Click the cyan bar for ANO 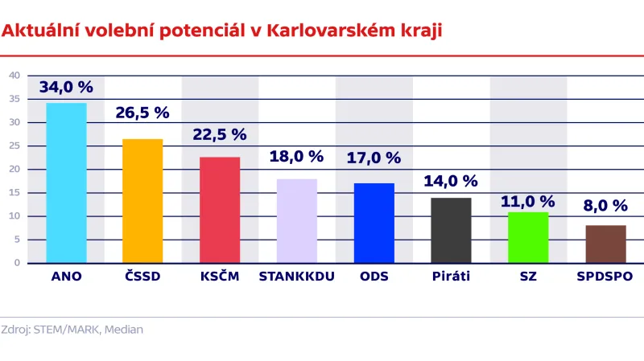tap(66, 183)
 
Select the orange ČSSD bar tap(142, 200)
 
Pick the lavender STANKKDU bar tap(297, 220)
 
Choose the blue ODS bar tap(374, 223)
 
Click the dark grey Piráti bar tap(451, 230)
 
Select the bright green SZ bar tap(528, 237)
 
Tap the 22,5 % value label tap(220, 135)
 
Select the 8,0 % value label tap(605, 205)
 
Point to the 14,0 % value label tap(451, 182)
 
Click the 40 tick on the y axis tap(14, 76)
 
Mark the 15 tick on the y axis tap(14, 192)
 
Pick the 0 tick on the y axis tap(17, 263)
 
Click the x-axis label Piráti tap(451, 277)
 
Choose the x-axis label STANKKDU tap(297, 277)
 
